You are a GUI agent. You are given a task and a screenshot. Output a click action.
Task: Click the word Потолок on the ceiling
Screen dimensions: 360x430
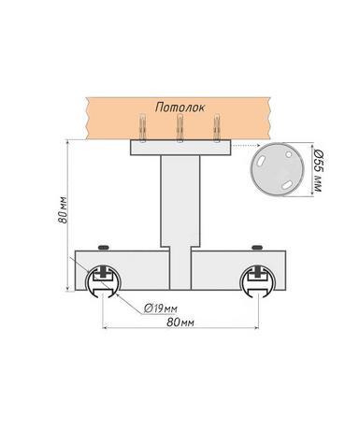180,107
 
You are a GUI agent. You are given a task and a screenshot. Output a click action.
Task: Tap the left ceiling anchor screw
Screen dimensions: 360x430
142,128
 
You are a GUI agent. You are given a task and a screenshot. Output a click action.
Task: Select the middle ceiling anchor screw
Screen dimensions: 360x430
180,128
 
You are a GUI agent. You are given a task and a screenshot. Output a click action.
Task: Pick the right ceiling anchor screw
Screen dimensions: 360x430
217,128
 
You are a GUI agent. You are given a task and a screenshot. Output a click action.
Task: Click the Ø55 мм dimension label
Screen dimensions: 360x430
317,170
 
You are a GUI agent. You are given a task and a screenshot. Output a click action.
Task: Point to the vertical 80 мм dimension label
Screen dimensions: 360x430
63,209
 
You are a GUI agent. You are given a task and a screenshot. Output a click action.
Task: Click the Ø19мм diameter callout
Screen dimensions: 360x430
161,308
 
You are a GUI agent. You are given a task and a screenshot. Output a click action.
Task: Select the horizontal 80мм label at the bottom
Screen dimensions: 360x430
180,322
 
